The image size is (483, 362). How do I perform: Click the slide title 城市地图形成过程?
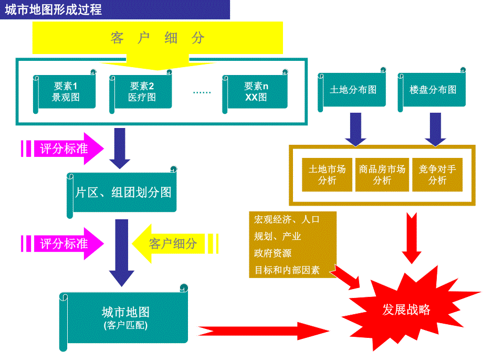[x=54, y=10]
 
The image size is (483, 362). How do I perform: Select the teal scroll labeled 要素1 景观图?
[x=66, y=92]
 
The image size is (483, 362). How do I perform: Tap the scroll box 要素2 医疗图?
[x=142, y=92]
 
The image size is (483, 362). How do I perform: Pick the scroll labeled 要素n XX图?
[x=256, y=92]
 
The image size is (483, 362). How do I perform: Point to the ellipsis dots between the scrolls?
[x=202, y=93]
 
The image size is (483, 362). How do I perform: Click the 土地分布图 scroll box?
[x=353, y=90]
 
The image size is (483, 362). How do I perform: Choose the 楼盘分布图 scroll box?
[x=433, y=90]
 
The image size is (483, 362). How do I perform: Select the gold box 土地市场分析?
[x=327, y=175]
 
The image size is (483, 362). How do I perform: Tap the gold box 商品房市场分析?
[x=382, y=175]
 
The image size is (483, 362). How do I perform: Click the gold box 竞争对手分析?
[x=437, y=175]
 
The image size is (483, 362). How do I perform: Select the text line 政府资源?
[x=273, y=253]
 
